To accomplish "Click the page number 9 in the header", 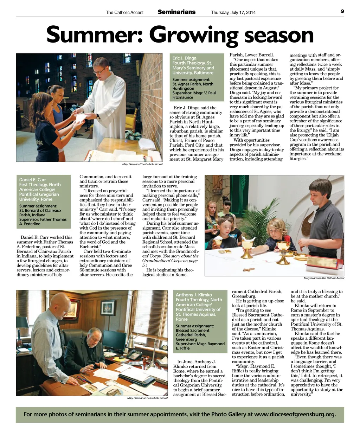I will point(342,11).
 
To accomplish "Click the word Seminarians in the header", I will point(176,12).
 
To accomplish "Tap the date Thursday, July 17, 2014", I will point(233,13).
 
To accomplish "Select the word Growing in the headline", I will point(194,36).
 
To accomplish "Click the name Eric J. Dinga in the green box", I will point(184,58).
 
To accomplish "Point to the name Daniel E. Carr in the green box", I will point(32,180).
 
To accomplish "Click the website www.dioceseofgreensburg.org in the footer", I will point(295,414).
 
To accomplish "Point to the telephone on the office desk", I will point(134,354).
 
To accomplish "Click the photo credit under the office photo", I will point(147,398).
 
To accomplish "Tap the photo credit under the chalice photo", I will point(324,278).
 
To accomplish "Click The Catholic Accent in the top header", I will point(124,13).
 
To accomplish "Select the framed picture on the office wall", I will point(108,308).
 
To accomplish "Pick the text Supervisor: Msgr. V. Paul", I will point(194,93).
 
